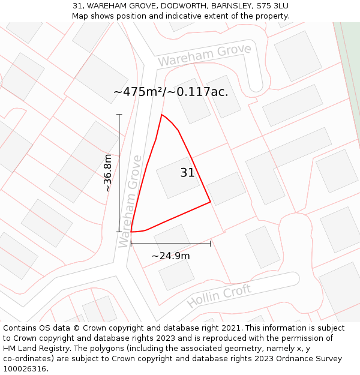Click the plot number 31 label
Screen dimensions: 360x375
(x=187, y=173)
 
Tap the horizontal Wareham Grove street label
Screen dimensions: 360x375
(x=204, y=55)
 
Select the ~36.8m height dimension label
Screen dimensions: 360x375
(x=108, y=173)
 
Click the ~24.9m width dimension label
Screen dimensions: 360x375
(x=170, y=256)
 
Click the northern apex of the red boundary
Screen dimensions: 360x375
(x=161, y=114)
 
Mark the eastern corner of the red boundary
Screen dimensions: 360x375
(x=210, y=202)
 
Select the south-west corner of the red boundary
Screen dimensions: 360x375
(x=131, y=232)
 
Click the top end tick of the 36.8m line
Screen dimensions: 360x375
(x=119, y=115)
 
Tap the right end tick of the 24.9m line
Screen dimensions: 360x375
(x=211, y=244)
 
